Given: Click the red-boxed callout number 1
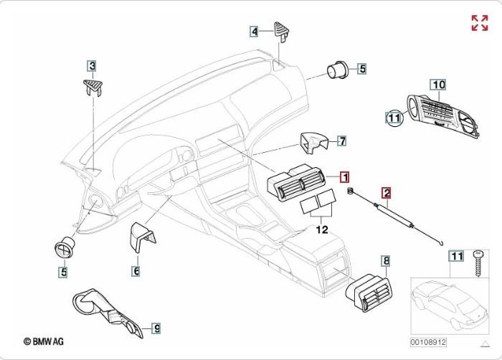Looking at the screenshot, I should (344, 176).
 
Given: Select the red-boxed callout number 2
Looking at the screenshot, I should (386, 193).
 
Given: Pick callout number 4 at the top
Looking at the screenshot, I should (254, 31).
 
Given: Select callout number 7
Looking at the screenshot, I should (342, 141).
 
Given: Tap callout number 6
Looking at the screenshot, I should (136, 271).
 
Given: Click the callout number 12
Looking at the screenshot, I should (322, 230).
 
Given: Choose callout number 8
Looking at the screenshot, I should (386, 261).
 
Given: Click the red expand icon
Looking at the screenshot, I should (479, 22).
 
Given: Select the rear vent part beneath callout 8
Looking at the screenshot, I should (371, 295).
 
